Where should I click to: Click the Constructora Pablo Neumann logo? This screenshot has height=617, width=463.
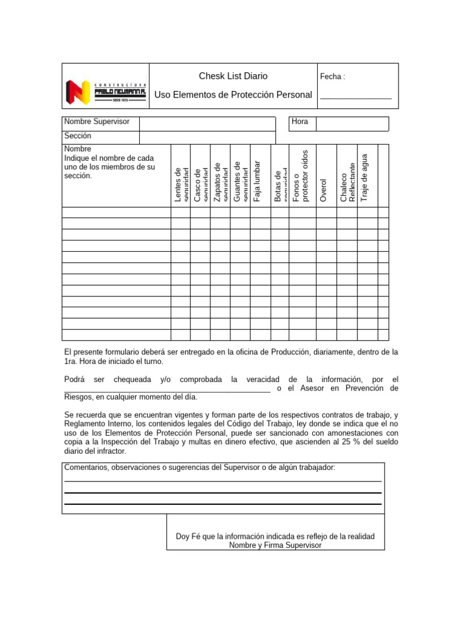[x=105, y=92]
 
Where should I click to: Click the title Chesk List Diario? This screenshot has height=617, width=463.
[x=233, y=76]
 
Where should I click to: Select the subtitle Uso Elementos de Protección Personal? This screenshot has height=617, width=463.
[x=233, y=95]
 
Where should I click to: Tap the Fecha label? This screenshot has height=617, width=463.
[x=332, y=77]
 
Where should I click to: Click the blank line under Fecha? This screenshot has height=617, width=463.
[x=356, y=96]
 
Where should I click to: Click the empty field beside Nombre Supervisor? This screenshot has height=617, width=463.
[x=207, y=123]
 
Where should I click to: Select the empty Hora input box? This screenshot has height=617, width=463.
[x=352, y=123]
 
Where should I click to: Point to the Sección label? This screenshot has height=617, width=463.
[x=78, y=136]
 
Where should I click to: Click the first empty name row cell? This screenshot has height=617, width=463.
[x=116, y=212]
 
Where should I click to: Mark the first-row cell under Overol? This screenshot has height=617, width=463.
[x=326, y=212]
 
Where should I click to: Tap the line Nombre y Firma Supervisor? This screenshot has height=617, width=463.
[x=275, y=545]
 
